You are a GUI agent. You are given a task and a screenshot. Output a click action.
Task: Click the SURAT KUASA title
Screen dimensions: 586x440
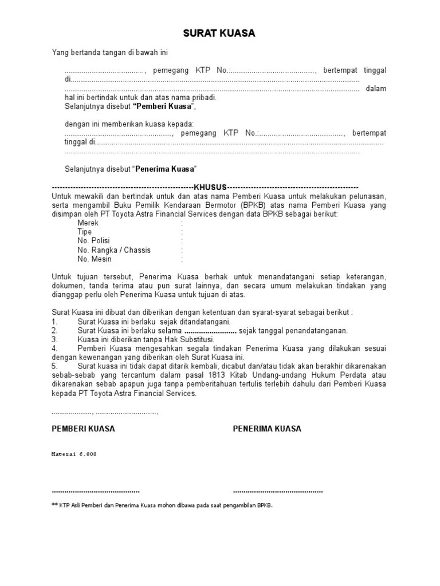click(219, 34)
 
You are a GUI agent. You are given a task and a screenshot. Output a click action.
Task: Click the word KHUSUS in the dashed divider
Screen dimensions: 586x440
click(210, 187)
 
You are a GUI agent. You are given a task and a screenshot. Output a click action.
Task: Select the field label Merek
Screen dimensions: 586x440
click(88, 223)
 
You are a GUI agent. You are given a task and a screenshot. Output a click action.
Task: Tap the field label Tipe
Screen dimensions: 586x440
click(85, 232)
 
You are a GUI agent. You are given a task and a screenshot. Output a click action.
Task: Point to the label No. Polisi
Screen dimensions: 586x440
click(94, 241)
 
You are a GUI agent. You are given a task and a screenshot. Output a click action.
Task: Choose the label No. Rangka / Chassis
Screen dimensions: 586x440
click(115, 250)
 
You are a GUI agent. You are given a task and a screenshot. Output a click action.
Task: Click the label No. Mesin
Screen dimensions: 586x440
click(95, 259)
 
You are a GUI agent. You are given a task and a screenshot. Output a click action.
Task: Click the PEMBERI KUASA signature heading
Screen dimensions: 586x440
click(84, 429)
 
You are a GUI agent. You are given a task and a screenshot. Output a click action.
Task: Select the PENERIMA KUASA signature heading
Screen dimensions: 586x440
click(267, 429)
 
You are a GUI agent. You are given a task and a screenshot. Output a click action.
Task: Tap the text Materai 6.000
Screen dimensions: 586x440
click(74, 454)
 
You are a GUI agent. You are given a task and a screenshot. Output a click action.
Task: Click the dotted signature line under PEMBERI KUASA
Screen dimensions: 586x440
click(96, 492)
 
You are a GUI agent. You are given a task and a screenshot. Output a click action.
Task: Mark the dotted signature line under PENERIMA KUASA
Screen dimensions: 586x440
click(278, 492)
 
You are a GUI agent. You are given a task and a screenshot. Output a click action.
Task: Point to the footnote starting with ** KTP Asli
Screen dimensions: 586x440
click(162, 505)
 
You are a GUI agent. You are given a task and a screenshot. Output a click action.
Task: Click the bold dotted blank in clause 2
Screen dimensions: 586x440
click(211, 331)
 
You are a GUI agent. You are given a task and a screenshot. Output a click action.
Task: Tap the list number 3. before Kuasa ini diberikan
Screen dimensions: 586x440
click(54, 339)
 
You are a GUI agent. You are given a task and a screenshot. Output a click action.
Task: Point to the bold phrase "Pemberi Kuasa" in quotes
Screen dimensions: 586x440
click(164, 106)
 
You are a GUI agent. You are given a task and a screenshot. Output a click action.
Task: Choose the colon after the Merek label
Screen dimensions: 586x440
click(182, 223)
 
